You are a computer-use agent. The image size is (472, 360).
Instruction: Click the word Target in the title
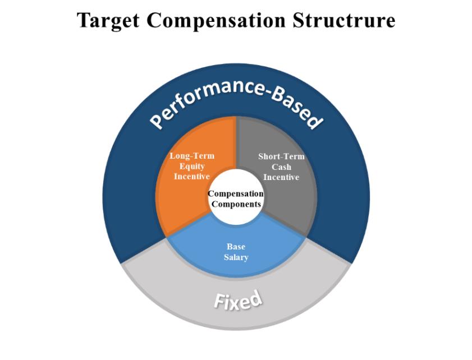tap(108, 21)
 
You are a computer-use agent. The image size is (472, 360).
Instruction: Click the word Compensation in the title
tap(216, 21)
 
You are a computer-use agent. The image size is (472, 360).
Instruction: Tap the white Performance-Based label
tap(236, 104)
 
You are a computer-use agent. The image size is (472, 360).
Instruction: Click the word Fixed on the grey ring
tap(238, 300)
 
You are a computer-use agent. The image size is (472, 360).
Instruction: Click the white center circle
tap(236, 197)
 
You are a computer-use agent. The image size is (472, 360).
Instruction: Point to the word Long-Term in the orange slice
tap(192, 156)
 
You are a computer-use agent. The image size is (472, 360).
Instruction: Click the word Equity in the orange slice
tap(192, 167)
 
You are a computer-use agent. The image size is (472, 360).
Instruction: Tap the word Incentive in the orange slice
tap(192, 176)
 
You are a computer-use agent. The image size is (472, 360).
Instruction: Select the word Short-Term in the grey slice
tap(281, 156)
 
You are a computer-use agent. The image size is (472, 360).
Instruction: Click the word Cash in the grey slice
tap(281, 167)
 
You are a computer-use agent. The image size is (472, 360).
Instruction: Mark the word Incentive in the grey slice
tap(281, 177)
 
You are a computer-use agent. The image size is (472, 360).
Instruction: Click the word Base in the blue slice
tap(236, 247)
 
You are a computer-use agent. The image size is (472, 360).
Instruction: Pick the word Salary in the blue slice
tap(236, 257)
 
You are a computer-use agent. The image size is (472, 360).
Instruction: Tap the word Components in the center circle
tap(236, 204)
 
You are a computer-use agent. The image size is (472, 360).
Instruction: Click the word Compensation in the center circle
tap(236, 193)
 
